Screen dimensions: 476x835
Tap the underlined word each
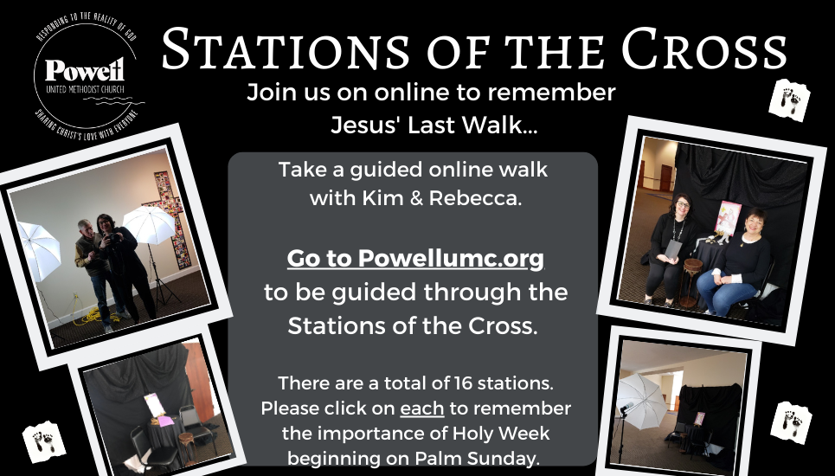(421, 408)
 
